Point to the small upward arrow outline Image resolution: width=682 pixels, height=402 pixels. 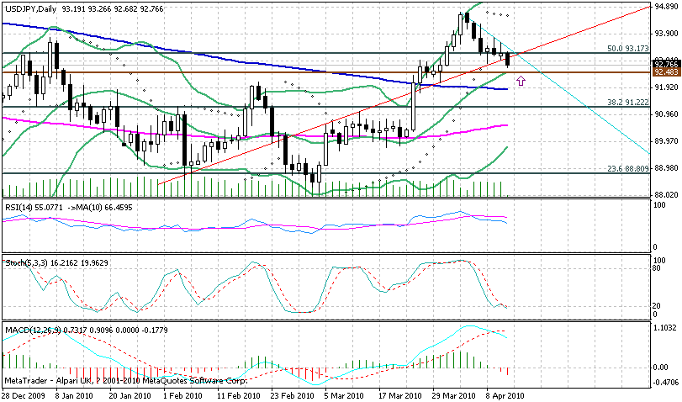(x=521, y=81)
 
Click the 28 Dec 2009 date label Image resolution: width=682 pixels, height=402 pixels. (x=23, y=394)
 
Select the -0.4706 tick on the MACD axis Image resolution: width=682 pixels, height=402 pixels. (x=665, y=381)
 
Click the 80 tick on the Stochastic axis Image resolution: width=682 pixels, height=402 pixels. (x=660, y=269)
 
